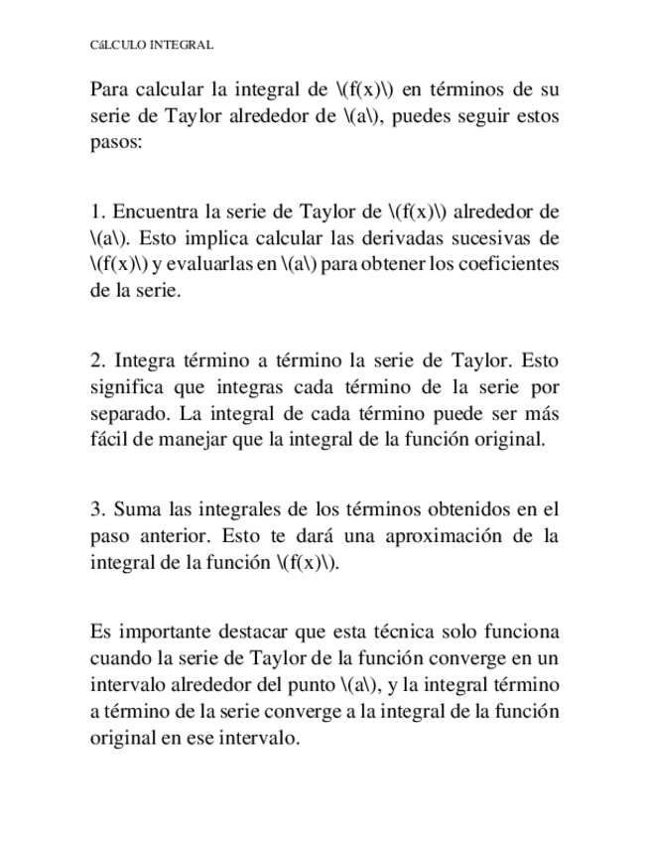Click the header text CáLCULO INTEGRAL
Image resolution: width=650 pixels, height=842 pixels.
(x=152, y=46)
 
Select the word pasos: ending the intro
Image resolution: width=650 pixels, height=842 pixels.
(x=116, y=141)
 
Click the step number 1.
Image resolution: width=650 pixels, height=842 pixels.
(x=95, y=211)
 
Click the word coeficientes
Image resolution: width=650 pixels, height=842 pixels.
(x=508, y=264)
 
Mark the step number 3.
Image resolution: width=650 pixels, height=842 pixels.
(x=95, y=510)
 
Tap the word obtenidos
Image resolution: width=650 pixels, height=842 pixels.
(x=455, y=510)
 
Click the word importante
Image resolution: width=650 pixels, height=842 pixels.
(x=161, y=632)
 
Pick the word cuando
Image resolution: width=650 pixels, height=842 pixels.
(x=119, y=658)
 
